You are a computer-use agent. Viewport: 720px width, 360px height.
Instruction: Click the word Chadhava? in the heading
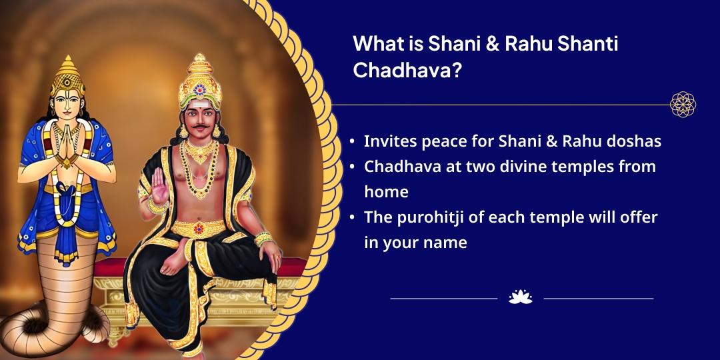407,70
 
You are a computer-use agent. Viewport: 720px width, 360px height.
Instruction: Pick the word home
386,191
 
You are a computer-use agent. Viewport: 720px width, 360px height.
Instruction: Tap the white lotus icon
521,297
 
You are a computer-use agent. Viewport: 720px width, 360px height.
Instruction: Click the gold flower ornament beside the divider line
683,104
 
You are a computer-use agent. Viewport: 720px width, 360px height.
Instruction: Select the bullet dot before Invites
352,141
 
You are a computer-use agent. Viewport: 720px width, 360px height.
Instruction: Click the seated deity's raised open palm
160,185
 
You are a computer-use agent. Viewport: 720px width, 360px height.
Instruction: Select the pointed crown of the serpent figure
67,75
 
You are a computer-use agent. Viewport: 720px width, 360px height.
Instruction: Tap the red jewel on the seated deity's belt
199,228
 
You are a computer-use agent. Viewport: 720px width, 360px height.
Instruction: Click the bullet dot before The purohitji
352,217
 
